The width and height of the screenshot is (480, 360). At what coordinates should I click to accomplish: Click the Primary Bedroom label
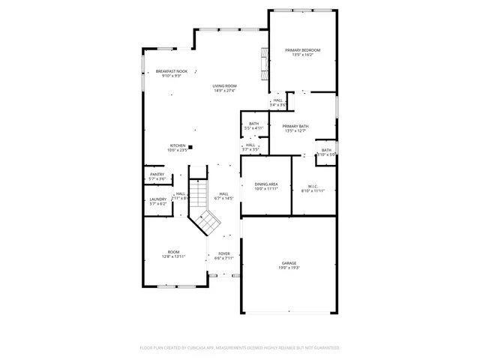click(302, 50)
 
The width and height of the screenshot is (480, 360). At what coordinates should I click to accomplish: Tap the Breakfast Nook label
click(171, 70)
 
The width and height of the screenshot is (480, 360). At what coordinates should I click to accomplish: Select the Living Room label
click(224, 86)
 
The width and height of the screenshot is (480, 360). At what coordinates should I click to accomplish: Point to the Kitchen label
click(178, 145)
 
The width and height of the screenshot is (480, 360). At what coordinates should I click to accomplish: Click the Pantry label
click(157, 175)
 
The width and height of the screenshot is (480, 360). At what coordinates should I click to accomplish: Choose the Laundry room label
click(157, 199)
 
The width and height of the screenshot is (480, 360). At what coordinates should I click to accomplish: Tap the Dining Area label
click(266, 184)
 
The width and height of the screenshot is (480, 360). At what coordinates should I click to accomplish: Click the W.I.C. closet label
click(314, 186)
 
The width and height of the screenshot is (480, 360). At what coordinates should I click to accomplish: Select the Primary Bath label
click(296, 127)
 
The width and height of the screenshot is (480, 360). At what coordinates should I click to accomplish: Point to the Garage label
click(289, 263)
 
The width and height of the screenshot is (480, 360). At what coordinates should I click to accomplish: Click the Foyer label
click(224, 253)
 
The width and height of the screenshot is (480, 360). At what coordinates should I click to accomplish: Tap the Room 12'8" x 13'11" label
click(173, 252)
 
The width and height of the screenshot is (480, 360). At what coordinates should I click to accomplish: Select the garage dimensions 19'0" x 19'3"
click(289, 268)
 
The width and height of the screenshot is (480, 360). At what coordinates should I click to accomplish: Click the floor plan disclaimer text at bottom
click(240, 348)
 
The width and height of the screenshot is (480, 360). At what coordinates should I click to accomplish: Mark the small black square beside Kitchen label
click(190, 146)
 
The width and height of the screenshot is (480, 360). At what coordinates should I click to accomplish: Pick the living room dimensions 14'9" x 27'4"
click(224, 91)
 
